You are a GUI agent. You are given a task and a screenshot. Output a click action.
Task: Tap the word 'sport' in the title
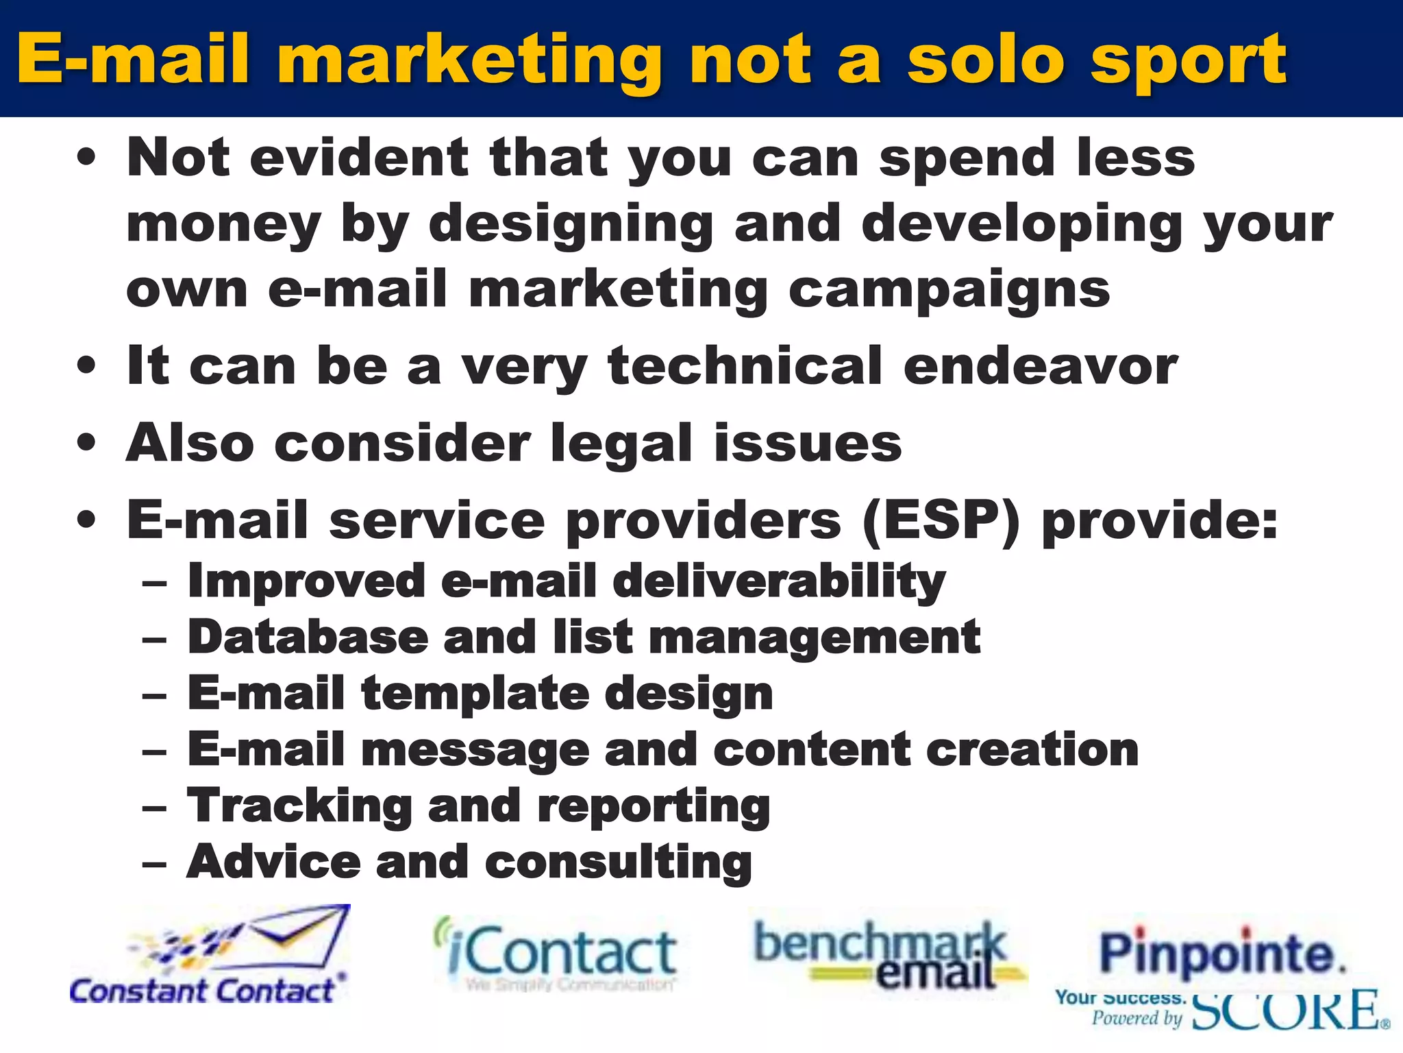[1189, 62]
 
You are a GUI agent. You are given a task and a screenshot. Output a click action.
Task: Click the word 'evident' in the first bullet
[359, 158]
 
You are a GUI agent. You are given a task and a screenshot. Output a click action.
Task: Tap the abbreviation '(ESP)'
[941, 520]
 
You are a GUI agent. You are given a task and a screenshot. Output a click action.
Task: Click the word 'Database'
[307, 637]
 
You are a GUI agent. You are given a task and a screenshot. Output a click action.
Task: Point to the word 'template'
[475, 693]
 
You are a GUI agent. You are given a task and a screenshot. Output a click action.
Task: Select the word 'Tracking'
[299, 806]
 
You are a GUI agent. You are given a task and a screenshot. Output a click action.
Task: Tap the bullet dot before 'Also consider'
[86, 442]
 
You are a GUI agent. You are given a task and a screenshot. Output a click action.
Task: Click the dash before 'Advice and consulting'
[155, 863]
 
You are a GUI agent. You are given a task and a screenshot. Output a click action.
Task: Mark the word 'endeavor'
[1041, 367]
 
